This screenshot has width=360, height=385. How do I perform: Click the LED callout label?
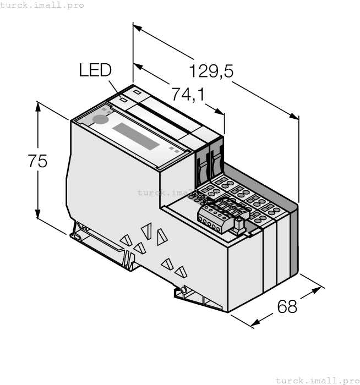[95, 70]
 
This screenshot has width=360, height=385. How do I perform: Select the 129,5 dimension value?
[211, 71]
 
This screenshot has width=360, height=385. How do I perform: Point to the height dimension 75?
[38, 161]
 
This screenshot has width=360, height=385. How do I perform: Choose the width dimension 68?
[287, 306]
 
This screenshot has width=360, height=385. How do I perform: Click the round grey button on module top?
[100, 120]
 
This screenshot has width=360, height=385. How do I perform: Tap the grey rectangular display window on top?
[136, 136]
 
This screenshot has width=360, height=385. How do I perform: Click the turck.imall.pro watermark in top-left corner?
[42, 5]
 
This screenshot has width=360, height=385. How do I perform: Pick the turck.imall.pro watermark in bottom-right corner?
[317, 380]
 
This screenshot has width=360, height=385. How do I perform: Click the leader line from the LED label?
[115, 89]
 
